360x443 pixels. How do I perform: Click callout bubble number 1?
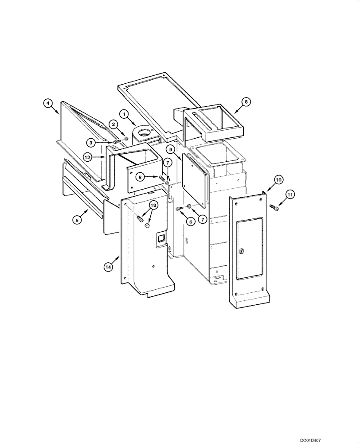point(125,114)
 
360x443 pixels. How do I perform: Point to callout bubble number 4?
point(49,103)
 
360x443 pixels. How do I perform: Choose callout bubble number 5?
point(77,218)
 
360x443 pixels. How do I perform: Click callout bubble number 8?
point(247,101)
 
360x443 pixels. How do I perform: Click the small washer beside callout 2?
point(126,139)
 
